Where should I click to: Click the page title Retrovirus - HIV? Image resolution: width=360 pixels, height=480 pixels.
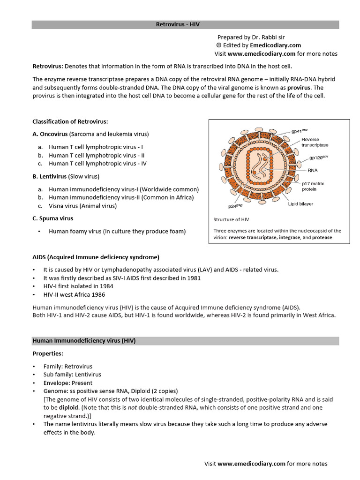(x=180, y=24)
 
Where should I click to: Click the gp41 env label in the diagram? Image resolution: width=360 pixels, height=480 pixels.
(x=312, y=131)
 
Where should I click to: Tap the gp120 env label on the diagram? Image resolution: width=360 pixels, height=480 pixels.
(x=318, y=158)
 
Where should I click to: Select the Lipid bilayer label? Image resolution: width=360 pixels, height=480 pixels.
(x=300, y=204)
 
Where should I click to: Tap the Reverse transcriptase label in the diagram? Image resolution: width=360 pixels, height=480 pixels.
(x=317, y=142)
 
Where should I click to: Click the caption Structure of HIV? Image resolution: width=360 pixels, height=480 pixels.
(x=231, y=219)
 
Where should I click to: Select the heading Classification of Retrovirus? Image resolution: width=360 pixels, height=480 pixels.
(x=70, y=122)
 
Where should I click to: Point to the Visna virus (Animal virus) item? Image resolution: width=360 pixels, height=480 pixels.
(x=82, y=206)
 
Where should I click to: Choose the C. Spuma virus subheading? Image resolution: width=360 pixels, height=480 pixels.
(x=53, y=218)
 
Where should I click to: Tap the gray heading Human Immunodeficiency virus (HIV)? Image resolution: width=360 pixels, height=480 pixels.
(x=84, y=341)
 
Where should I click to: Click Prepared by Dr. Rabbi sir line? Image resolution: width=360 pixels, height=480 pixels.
(x=251, y=37)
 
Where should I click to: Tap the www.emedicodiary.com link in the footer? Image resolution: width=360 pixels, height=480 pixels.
(x=251, y=464)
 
